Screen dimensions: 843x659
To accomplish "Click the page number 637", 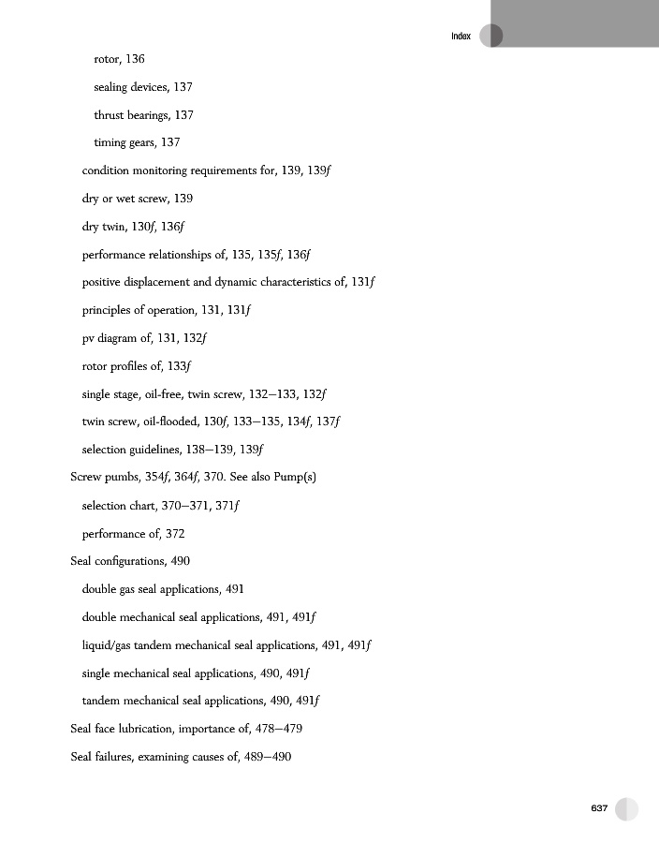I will click(x=599, y=808).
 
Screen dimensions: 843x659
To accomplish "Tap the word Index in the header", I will click(x=461, y=36).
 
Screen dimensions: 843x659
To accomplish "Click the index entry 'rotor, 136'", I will click(x=119, y=59).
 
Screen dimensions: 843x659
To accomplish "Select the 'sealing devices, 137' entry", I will click(x=143, y=87).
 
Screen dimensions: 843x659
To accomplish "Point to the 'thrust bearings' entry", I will click(x=143, y=115).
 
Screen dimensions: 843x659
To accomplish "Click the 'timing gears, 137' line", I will click(x=137, y=142).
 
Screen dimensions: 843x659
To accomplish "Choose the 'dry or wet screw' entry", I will click(x=138, y=199).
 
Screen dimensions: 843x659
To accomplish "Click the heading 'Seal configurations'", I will click(x=119, y=561).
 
